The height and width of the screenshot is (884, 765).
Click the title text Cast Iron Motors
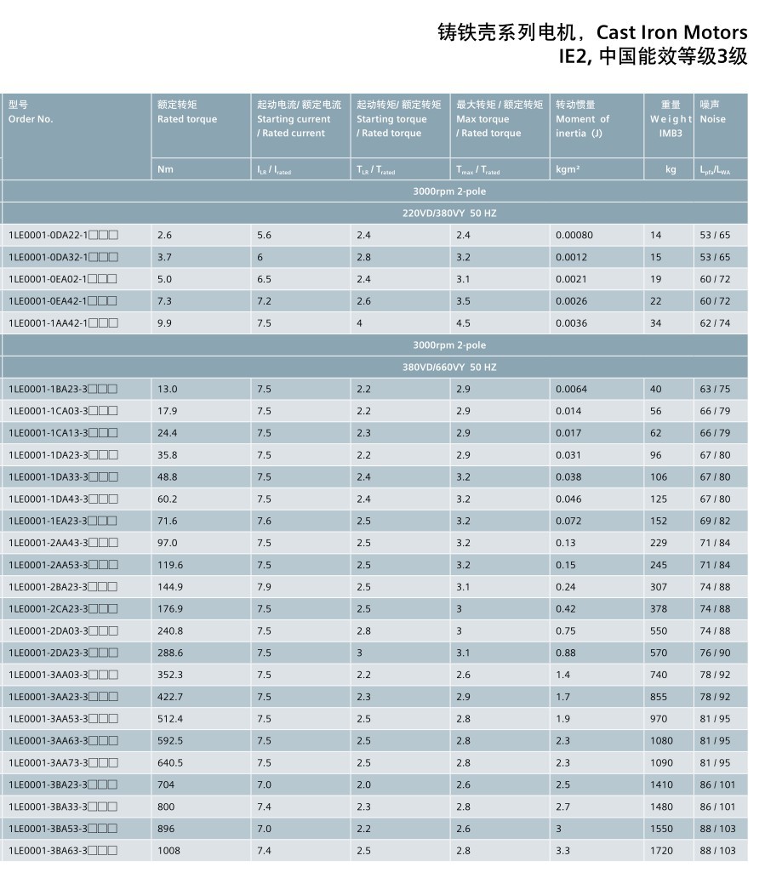[671, 32]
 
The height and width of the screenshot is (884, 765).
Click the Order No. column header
[31, 119]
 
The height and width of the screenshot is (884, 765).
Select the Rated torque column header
[187, 119]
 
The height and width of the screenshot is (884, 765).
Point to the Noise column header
[712, 119]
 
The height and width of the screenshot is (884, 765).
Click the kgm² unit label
[568, 169]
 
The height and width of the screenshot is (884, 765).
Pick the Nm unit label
[165, 169]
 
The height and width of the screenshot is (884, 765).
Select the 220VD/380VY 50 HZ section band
[448, 214]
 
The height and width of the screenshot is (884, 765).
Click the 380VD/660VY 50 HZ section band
[448, 368]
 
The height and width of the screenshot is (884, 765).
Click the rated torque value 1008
[168, 851]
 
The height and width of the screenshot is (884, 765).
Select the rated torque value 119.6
[170, 565]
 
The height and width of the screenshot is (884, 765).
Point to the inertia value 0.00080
[574, 235]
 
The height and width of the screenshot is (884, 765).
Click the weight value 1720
[661, 851]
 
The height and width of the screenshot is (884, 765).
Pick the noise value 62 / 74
[715, 323]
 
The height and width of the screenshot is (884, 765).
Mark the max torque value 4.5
[463, 323]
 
